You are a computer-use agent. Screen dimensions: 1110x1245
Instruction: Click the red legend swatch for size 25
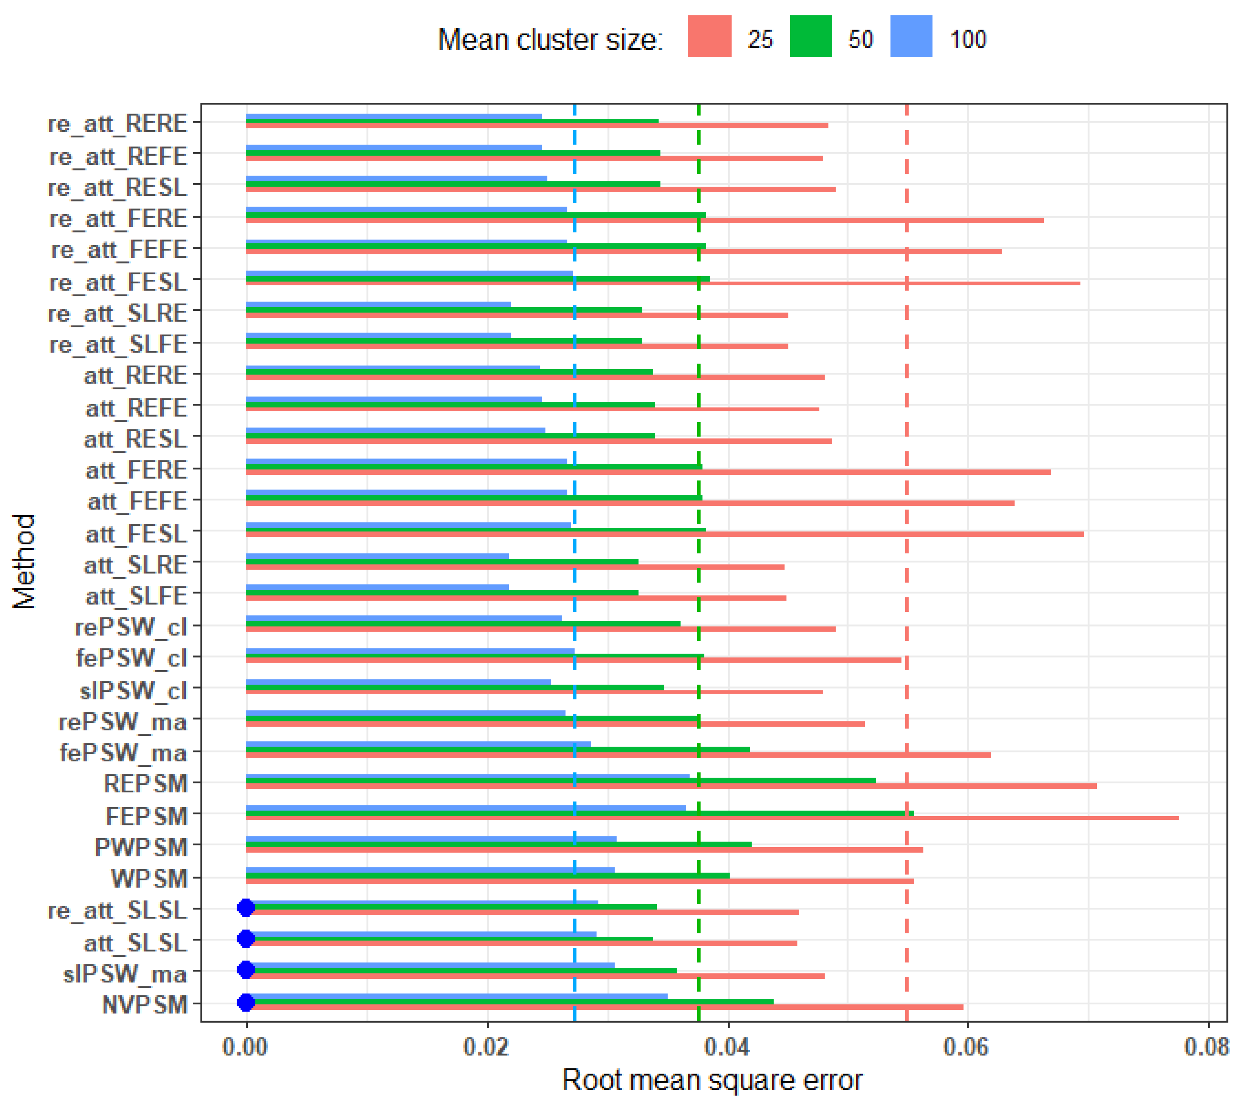[x=709, y=37]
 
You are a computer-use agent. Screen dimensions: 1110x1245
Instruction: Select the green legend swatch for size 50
[x=811, y=37]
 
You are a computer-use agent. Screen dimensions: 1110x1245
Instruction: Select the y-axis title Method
[x=25, y=561]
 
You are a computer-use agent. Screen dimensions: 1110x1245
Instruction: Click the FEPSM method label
[x=146, y=816]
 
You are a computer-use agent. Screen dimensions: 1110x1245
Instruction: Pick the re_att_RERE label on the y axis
[x=117, y=124]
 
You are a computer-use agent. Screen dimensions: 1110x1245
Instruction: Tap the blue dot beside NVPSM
[x=246, y=1002]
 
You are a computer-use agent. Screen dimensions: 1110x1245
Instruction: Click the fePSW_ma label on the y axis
[x=123, y=753]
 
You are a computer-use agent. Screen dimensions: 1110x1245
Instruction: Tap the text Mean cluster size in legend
[x=550, y=40]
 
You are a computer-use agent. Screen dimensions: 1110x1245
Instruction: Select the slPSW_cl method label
[x=133, y=690]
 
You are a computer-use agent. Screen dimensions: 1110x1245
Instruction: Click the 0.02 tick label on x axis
[x=487, y=1047]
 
